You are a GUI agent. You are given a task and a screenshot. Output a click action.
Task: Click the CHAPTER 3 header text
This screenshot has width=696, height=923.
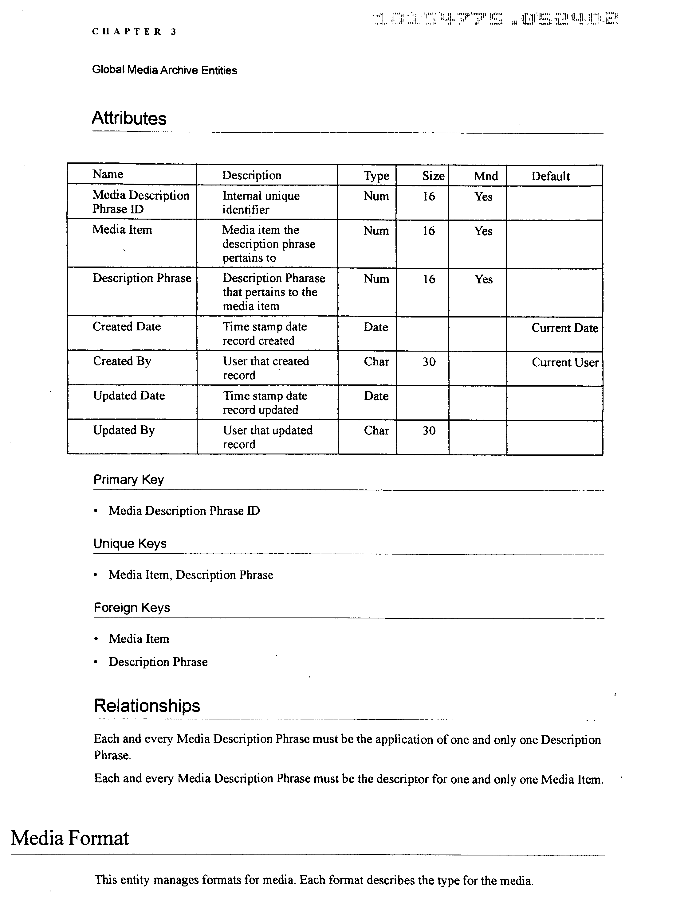134,32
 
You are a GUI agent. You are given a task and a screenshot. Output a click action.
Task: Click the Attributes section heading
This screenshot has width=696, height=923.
129,118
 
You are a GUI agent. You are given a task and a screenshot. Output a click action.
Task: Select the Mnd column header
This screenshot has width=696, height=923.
486,176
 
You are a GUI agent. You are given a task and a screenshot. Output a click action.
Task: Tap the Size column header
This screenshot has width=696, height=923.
433,176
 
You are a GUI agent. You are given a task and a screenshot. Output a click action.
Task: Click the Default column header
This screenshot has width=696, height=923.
550,176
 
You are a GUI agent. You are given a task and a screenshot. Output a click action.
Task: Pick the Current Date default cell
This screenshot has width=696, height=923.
564,328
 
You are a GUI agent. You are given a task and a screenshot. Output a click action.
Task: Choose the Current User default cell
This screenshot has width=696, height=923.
565,362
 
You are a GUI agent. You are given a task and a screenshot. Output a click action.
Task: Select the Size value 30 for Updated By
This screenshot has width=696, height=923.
429,430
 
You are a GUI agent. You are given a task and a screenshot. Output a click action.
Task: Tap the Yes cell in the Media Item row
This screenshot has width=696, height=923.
483,231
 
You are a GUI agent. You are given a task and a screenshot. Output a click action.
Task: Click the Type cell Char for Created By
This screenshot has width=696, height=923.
376,361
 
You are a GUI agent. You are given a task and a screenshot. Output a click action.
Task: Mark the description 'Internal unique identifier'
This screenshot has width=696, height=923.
261,202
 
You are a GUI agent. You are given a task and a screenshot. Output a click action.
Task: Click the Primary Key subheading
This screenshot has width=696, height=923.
128,479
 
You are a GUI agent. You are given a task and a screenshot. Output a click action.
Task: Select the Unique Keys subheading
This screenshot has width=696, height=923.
130,543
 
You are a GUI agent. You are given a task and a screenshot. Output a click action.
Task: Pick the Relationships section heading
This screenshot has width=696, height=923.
147,706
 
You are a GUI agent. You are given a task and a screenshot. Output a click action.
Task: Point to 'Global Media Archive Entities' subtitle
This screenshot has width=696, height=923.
164,70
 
